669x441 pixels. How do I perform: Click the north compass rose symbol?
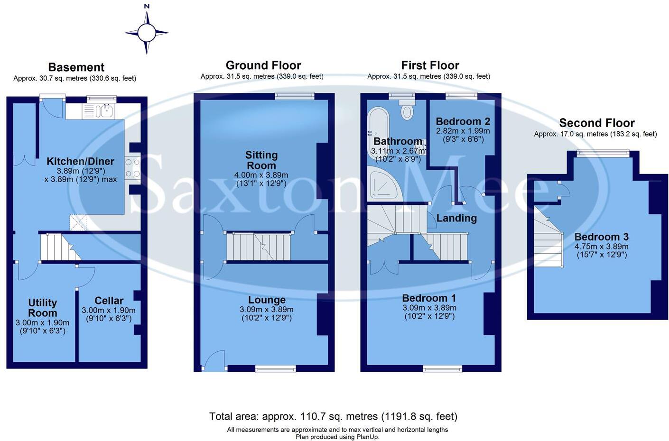(x=147, y=33)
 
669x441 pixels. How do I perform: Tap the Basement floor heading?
(x=76, y=67)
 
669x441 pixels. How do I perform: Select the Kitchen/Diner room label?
(x=80, y=161)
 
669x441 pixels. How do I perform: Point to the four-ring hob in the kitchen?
(x=132, y=168)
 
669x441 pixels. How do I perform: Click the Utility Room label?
(x=42, y=308)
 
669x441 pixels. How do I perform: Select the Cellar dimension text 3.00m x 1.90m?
(x=109, y=311)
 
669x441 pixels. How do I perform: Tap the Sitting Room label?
(x=261, y=160)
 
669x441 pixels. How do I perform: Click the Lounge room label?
(x=267, y=300)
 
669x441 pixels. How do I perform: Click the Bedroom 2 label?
(x=463, y=121)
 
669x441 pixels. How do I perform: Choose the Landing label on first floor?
(x=456, y=218)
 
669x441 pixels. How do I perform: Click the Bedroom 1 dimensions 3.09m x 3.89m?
(x=429, y=308)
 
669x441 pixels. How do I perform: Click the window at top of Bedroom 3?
(x=603, y=153)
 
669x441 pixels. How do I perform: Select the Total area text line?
(x=333, y=416)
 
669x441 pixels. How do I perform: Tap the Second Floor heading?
(x=596, y=123)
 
